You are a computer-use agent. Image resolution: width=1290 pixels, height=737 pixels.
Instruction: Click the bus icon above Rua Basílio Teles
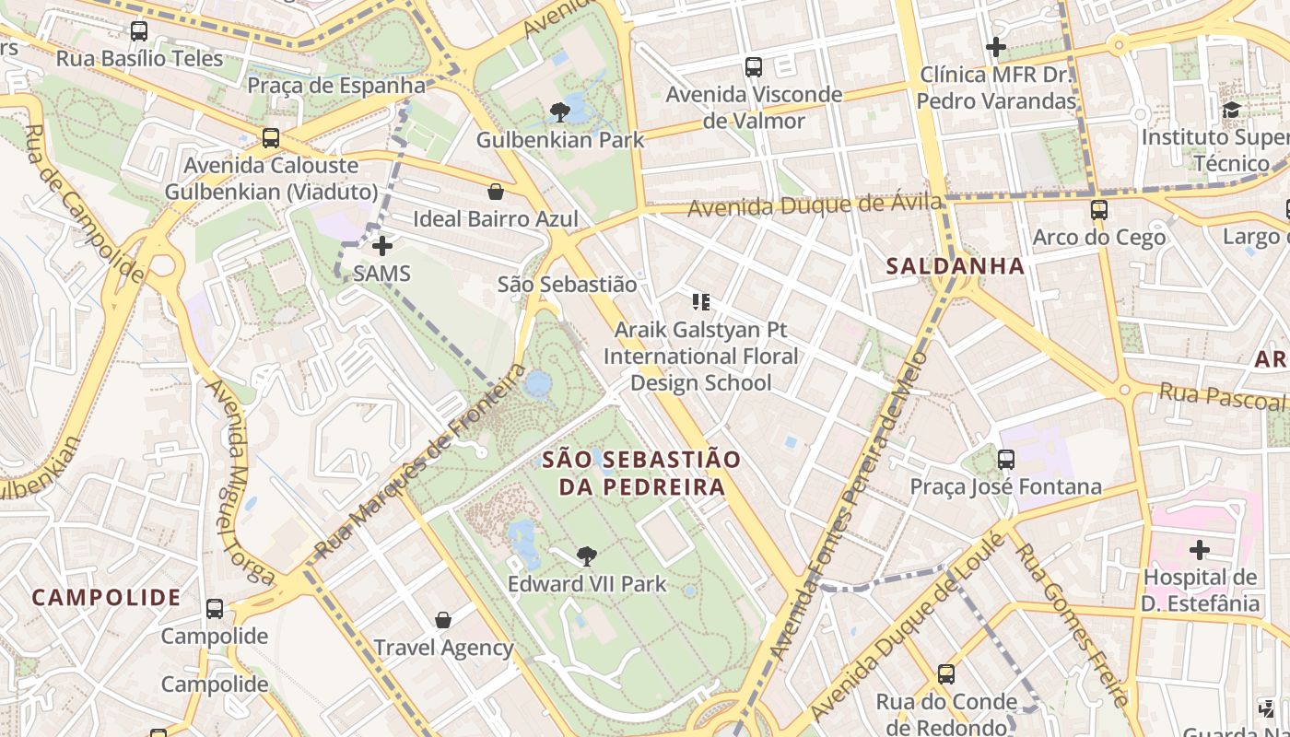click(139, 31)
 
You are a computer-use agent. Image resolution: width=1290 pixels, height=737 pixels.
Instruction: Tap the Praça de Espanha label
click(336, 86)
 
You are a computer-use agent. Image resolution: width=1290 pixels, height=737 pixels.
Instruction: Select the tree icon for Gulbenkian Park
click(559, 113)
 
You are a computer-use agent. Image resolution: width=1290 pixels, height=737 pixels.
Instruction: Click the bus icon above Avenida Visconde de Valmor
click(754, 67)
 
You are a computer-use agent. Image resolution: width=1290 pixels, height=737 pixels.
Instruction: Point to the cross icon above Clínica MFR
click(996, 47)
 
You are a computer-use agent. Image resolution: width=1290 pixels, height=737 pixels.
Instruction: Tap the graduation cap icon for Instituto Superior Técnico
click(1231, 111)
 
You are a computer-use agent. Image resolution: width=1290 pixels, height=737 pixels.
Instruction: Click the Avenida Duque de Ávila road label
click(815, 205)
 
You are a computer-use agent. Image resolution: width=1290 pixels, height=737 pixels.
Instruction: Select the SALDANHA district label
click(955, 266)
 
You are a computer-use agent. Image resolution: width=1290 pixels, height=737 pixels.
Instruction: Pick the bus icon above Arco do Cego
click(1098, 210)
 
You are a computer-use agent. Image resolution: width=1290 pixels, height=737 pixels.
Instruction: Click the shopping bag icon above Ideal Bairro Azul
click(496, 192)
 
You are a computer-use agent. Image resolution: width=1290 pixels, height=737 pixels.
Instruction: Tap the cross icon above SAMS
click(382, 246)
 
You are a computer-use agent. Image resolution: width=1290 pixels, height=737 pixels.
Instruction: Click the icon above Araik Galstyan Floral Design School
click(700, 302)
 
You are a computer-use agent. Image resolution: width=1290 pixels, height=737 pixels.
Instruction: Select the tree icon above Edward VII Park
click(586, 556)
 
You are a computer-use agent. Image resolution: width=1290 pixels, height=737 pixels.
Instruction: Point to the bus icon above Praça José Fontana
click(1006, 459)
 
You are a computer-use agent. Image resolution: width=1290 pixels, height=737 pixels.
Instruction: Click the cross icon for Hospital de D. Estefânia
click(1199, 551)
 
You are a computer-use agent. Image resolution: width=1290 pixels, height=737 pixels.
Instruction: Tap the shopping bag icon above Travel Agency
click(443, 620)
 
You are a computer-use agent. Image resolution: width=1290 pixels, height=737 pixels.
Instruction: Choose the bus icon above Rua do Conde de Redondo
click(946, 674)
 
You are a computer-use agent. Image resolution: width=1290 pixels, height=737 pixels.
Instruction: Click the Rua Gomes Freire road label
click(1072, 625)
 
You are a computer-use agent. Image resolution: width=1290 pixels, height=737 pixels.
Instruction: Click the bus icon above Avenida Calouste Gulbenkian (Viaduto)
click(271, 138)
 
